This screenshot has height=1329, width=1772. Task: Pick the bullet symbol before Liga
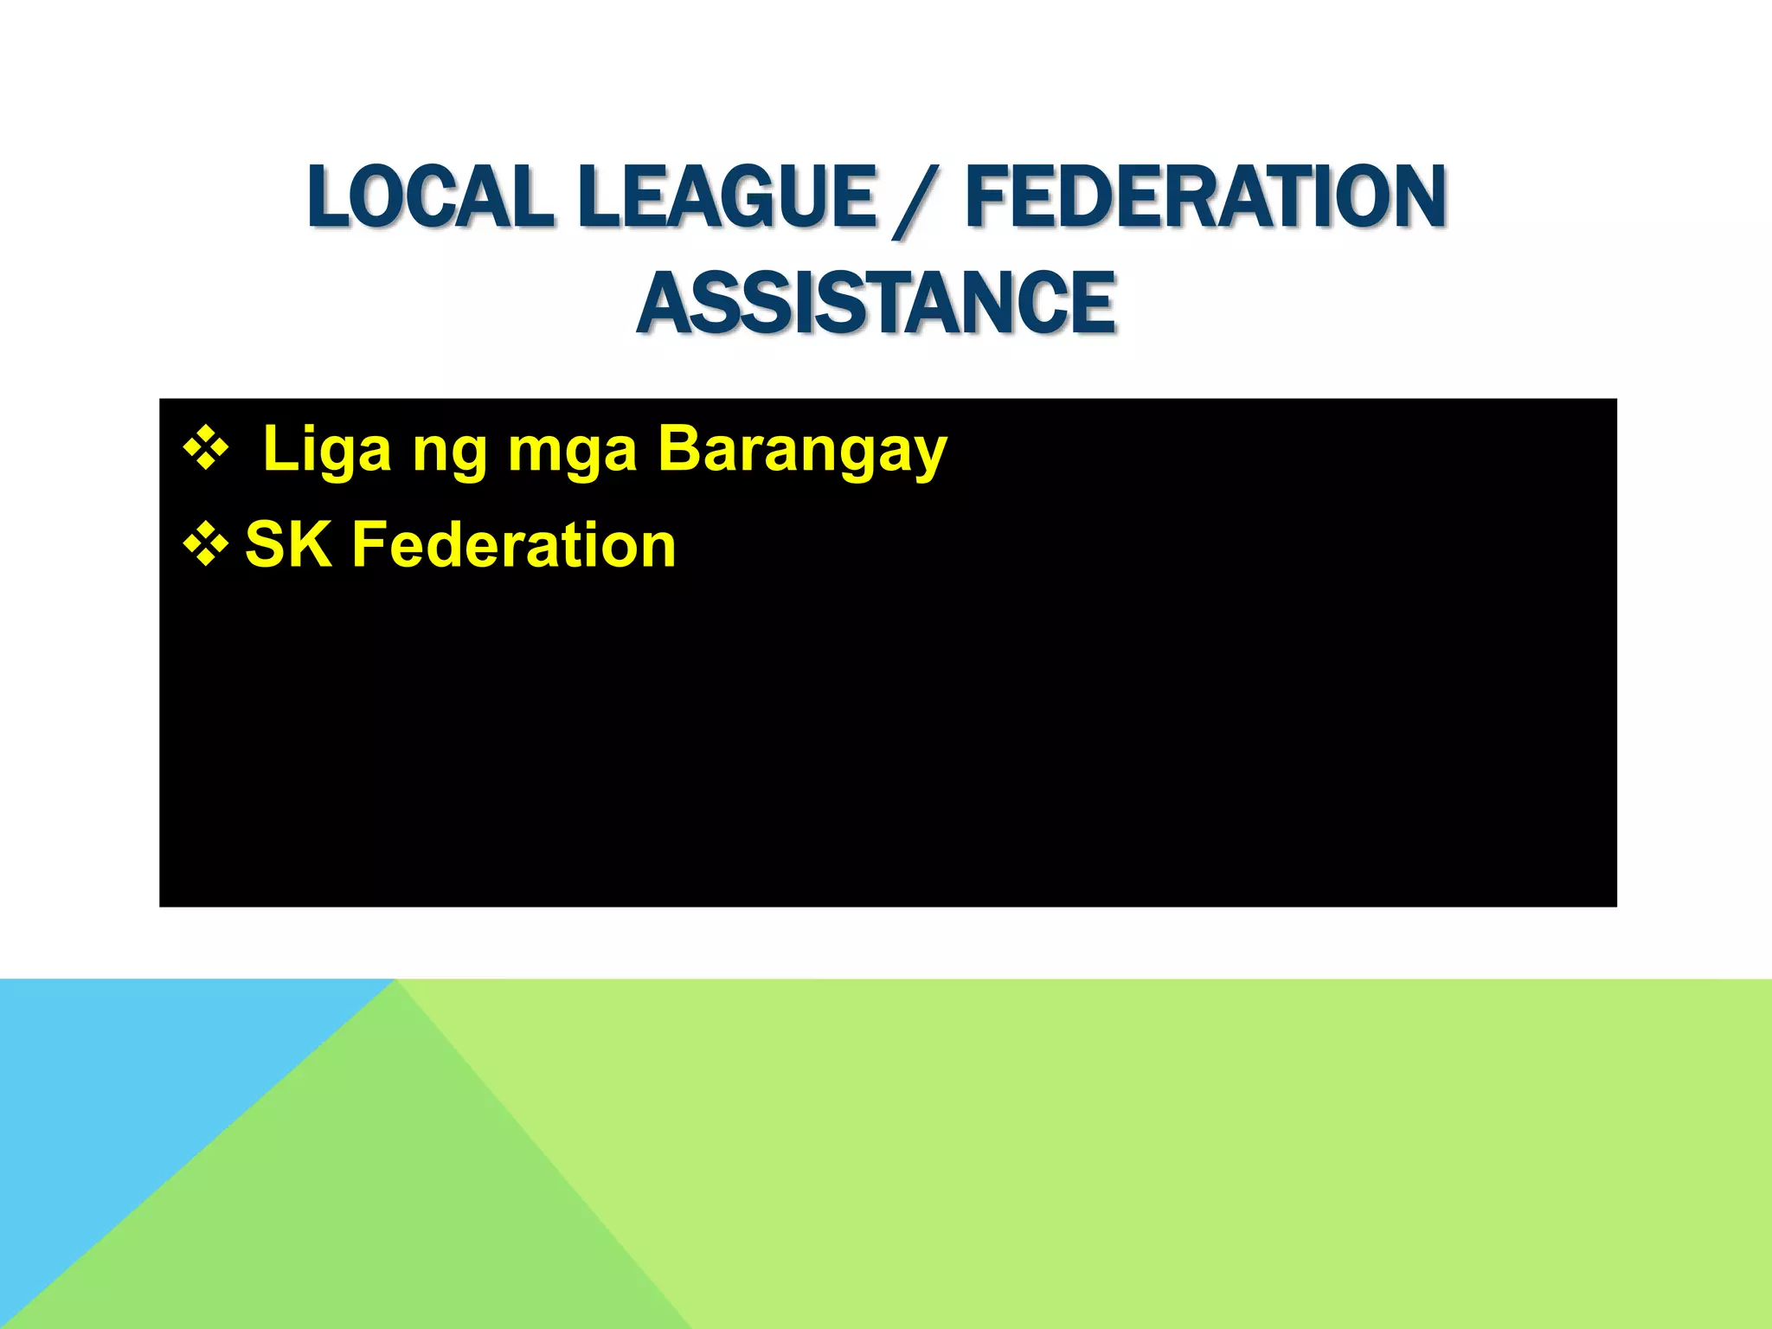[206, 449]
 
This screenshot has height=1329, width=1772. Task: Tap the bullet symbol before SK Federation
[206, 546]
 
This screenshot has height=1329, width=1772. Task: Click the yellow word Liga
[327, 451]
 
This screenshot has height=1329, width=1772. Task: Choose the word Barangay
[802, 451]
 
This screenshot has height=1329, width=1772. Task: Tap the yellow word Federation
[514, 546]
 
